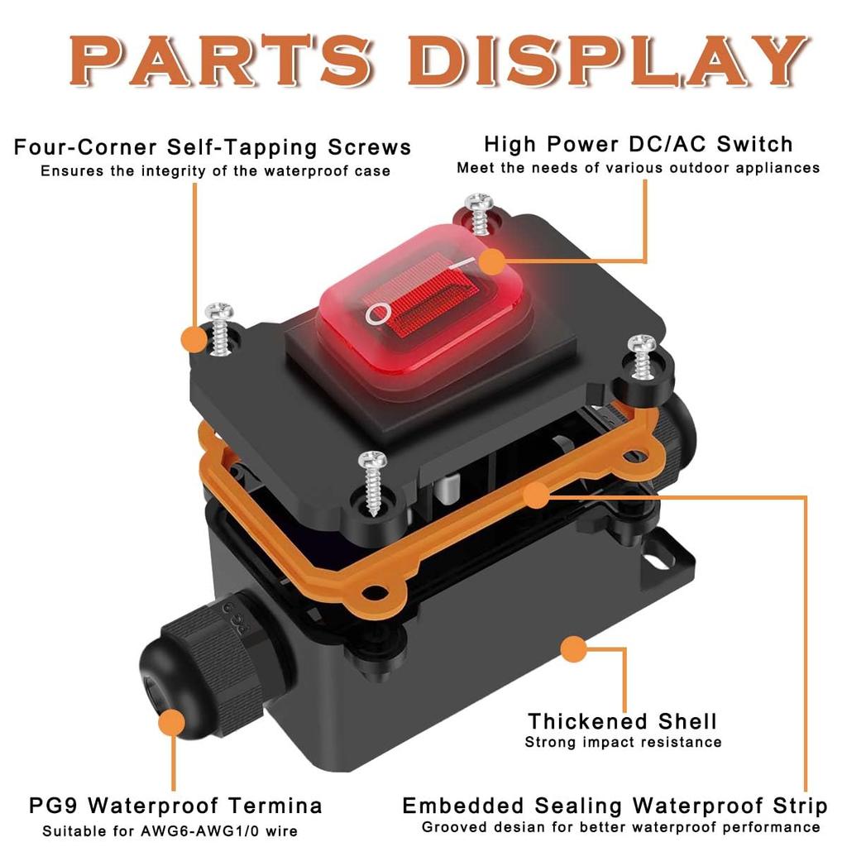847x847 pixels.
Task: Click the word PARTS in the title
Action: pos(222,60)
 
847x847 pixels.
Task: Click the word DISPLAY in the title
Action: pos(608,60)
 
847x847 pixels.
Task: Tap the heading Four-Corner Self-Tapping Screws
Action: pos(213,147)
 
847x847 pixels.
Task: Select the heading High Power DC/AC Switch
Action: pos(639,144)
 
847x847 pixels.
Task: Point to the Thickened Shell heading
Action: pos(623,721)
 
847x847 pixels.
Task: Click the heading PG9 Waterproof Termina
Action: pos(175,806)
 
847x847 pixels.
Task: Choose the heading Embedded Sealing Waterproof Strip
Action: pos(615,806)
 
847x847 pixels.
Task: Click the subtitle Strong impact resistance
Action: pos(623,742)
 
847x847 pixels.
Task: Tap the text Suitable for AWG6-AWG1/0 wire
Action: pos(170,830)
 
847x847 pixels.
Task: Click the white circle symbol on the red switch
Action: pos(377,313)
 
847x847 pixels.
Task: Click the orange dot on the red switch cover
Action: pos(492,261)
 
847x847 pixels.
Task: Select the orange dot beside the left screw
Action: pos(194,339)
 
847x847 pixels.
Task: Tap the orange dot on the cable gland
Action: pos(173,723)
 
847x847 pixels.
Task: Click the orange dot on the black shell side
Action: pos(574,649)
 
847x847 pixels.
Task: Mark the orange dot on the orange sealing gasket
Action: pos(536,495)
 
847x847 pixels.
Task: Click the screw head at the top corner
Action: pos(479,202)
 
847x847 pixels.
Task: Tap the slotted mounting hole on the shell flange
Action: pos(656,562)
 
